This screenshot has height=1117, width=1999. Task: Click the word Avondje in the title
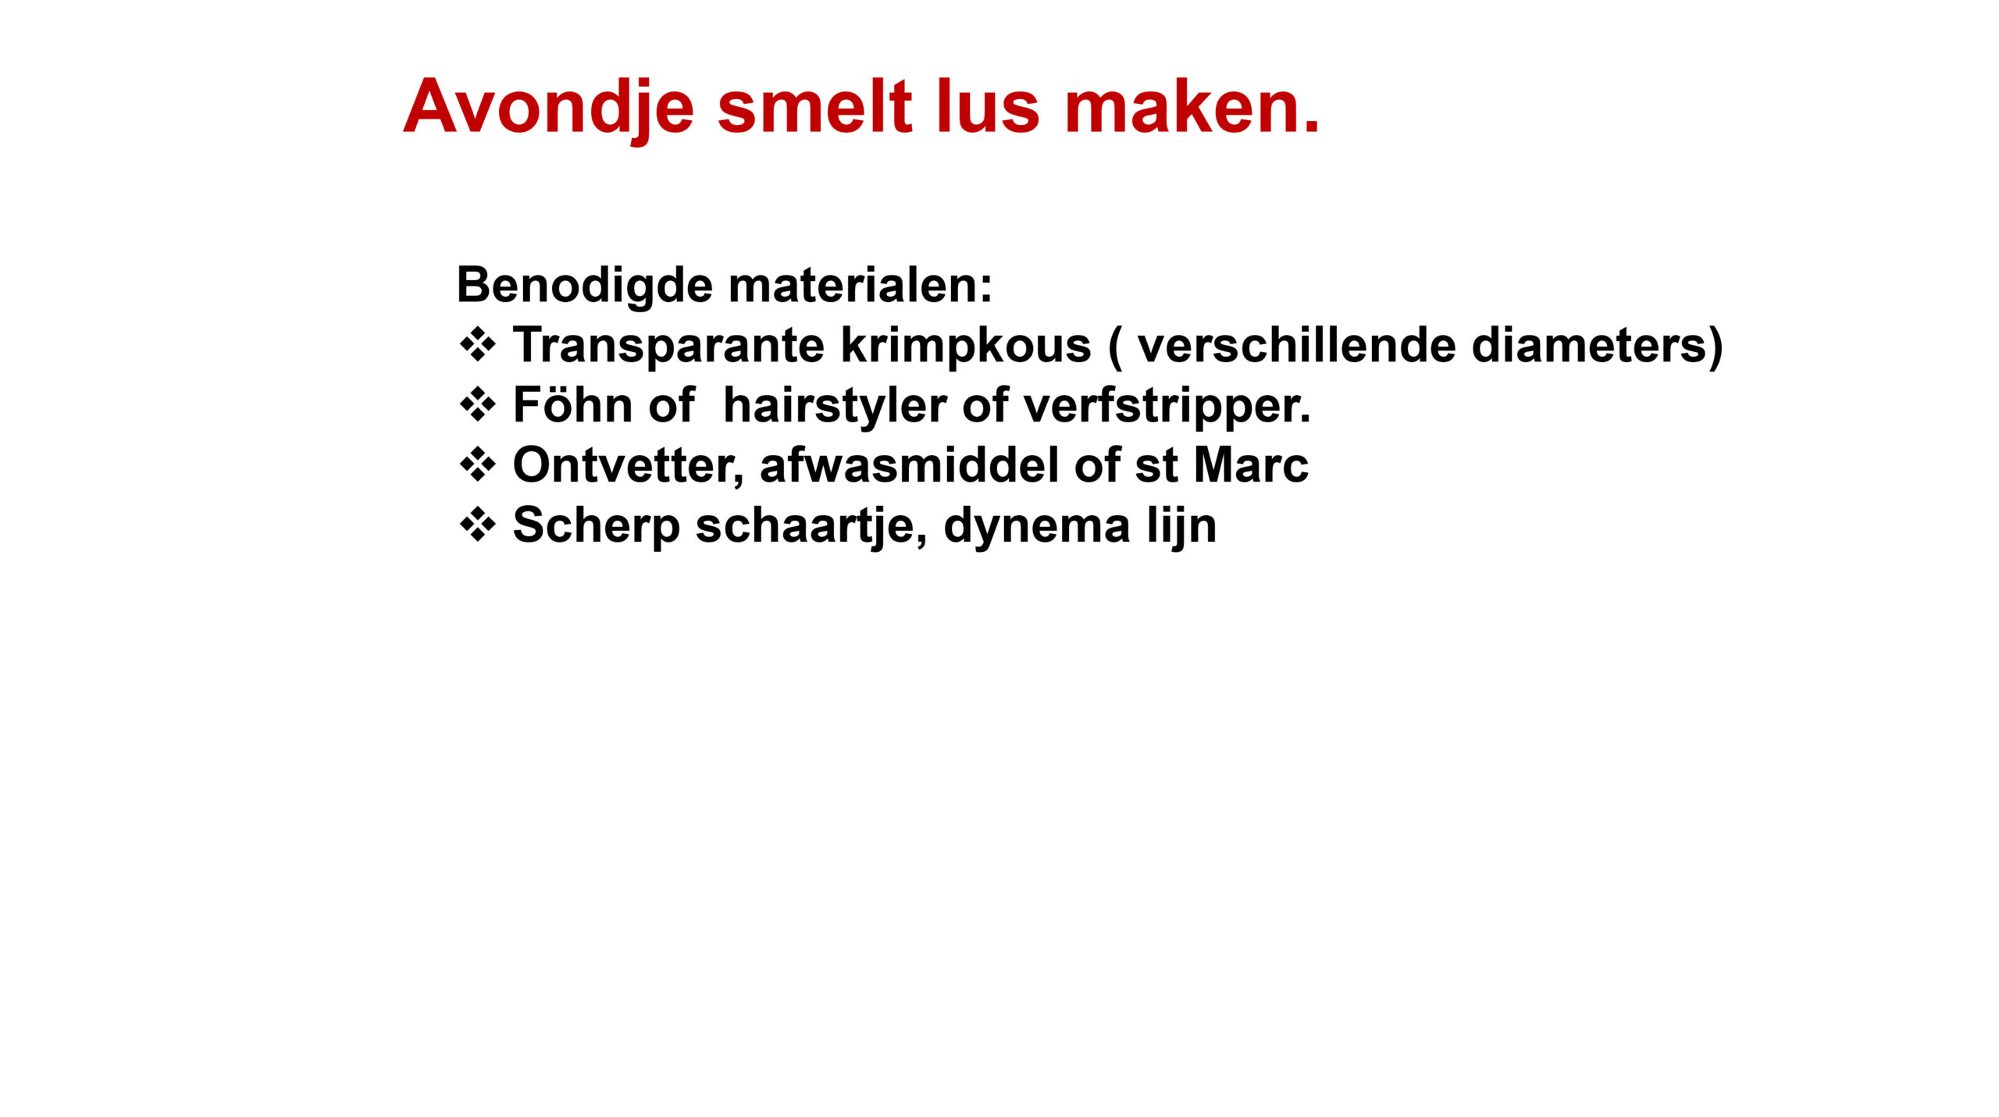(548, 110)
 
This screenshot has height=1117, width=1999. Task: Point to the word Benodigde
(585, 287)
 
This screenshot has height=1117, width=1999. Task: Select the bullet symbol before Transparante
(477, 345)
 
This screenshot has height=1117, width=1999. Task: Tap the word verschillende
(1296, 345)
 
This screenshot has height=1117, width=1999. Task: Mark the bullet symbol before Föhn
(477, 405)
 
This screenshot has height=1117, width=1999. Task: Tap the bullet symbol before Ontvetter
(477, 465)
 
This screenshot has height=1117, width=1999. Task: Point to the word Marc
(1251, 466)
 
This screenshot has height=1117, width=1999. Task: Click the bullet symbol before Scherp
(477, 525)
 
